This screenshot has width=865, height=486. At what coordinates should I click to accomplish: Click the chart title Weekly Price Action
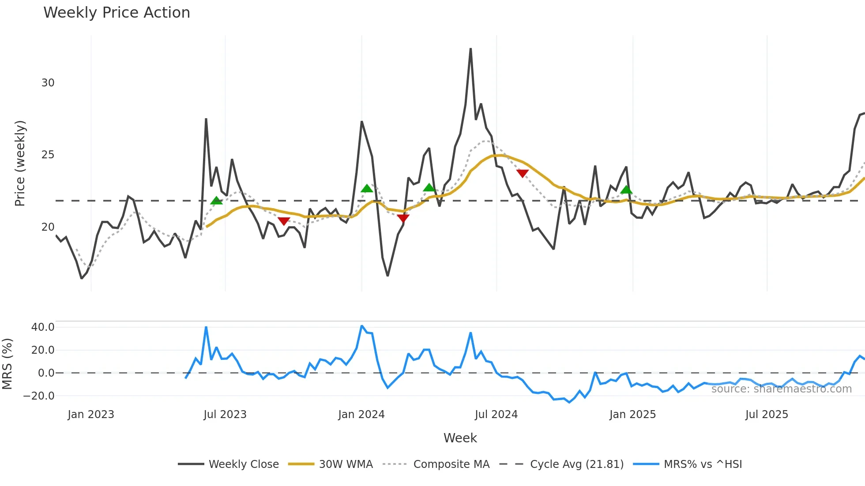pyautogui.click(x=117, y=13)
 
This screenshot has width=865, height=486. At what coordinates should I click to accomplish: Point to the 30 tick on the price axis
pyautogui.click(x=48, y=83)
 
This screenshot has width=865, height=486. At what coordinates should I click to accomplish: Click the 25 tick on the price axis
pyautogui.click(x=48, y=155)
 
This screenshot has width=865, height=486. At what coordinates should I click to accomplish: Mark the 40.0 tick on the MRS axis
pyautogui.click(x=43, y=327)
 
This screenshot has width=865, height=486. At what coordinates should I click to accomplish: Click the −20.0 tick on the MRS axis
pyautogui.click(x=39, y=396)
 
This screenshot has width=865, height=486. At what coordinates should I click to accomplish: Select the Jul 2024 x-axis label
pyautogui.click(x=496, y=415)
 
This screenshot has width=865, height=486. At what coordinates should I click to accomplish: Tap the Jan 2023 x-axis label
pyautogui.click(x=91, y=415)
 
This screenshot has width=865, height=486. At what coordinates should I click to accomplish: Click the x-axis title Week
pyautogui.click(x=460, y=438)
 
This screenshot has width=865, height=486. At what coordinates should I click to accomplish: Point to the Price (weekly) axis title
pyautogui.click(x=20, y=163)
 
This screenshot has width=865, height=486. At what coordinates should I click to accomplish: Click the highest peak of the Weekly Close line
pyautogui.click(x=470, y=49)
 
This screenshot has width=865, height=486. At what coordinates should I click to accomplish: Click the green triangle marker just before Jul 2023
pyautogui.click(x=216, y=201)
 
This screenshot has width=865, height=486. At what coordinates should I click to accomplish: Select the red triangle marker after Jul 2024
pyautogui.click(x=523, y=173)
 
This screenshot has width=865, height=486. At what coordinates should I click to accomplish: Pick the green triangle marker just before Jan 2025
pyautogui.click(x=626, y=190)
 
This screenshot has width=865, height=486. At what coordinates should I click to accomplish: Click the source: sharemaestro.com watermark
pyautogui.click(x=781, y=389)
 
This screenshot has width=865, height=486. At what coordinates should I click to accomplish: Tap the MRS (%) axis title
pyautogui.click(x=7, y=364)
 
